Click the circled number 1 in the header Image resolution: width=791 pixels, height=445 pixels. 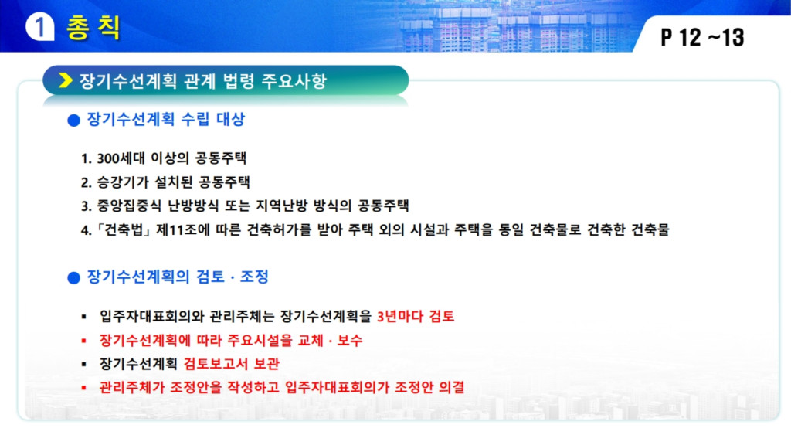(40, 27)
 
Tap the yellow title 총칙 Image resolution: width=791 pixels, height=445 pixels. (93, 27)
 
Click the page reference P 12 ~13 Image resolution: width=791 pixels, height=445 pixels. (702, 37)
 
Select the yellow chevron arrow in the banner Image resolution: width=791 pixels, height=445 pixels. (66, 80)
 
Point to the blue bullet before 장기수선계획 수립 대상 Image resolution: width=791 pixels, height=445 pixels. (73, 120)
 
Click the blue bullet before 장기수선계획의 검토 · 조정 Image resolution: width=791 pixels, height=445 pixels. (73, 277)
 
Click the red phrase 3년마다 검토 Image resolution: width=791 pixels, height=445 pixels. (416, 316)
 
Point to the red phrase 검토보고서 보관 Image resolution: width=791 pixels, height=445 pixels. (232, 364)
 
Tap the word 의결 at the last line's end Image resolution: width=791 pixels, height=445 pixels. (451, 388)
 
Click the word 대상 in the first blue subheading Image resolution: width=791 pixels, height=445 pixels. (230, 119)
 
